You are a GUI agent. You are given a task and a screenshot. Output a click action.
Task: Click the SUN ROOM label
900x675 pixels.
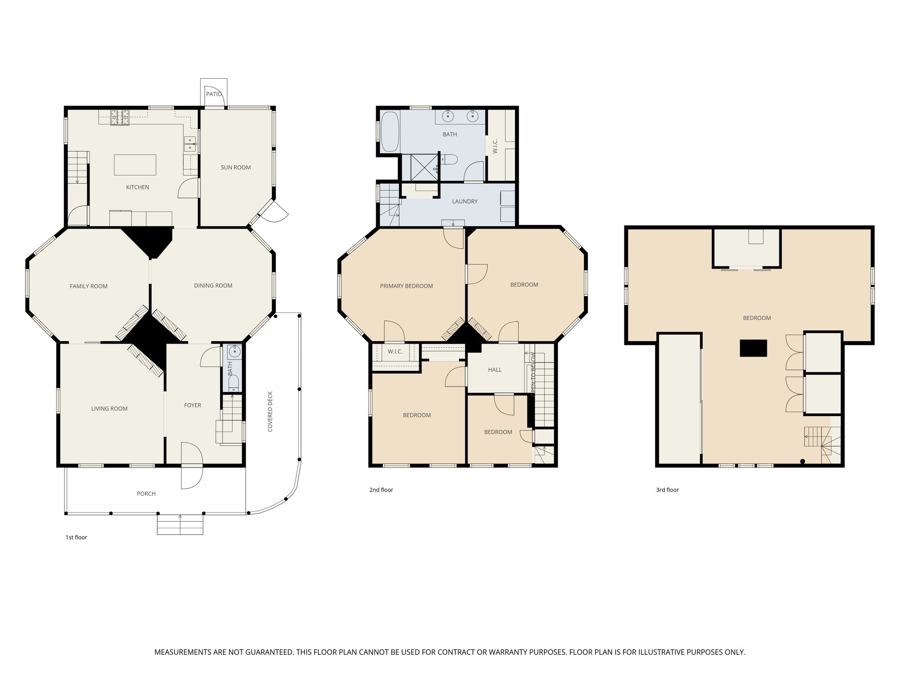click(236, 167)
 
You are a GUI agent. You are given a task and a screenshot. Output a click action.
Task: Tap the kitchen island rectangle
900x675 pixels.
click(135, 165)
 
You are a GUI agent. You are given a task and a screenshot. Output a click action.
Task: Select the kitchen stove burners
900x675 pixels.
click(120, 117)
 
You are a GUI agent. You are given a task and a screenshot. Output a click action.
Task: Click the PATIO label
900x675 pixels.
click(214, 94)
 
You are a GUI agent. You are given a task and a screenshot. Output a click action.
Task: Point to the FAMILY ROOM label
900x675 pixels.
click(88, 286)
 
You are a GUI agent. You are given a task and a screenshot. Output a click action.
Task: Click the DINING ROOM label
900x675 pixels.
click(213, 286)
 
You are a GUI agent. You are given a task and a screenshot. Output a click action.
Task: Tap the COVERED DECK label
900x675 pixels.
click(270, 411)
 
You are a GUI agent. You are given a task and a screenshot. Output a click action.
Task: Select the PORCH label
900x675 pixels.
click(146, 494)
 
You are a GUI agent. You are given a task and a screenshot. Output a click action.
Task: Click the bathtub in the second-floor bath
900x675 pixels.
click(390, 131)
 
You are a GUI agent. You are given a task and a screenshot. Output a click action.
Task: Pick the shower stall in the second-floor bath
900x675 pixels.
click(424, 167)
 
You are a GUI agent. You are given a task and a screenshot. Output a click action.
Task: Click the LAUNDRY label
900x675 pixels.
click(465, 201)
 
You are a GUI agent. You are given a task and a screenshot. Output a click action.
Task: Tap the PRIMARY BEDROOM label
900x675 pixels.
click(406, 286)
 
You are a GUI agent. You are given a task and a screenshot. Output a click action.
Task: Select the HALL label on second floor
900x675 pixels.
click(494, 370)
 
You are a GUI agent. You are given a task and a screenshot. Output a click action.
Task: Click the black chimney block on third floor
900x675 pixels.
click(753, 348)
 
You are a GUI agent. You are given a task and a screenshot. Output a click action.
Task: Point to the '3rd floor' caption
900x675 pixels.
click(667, 490)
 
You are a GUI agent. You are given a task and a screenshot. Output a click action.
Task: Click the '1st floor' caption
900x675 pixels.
click(76, 537)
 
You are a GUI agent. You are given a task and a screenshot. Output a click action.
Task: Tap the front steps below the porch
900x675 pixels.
click(180, 525)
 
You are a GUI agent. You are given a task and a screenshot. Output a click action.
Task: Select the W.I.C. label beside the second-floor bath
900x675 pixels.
click(495, 146)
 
